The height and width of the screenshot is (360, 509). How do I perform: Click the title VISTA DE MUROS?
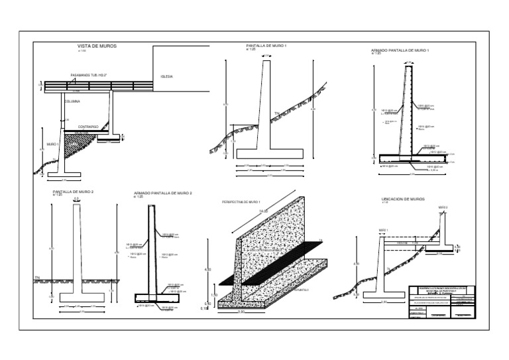(x=98, y=46)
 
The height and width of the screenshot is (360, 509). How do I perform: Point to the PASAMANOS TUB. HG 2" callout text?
(x=89, y=76)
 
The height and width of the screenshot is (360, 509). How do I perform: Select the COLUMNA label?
(x=72, y=101)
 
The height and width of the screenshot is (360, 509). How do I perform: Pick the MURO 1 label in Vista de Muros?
(x=52, y=144)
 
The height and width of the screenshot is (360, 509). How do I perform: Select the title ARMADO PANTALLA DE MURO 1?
(x=400, y=50)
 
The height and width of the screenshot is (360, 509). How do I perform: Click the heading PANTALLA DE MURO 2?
(x=74, y=192)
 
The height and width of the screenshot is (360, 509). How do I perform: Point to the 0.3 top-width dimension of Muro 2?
(x=77, y=198)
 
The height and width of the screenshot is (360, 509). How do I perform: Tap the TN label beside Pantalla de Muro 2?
(x=36, y=276)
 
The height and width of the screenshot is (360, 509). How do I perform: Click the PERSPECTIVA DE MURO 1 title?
(x=241, y=201)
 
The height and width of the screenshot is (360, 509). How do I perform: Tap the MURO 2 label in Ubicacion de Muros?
(x=443, y=207)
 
